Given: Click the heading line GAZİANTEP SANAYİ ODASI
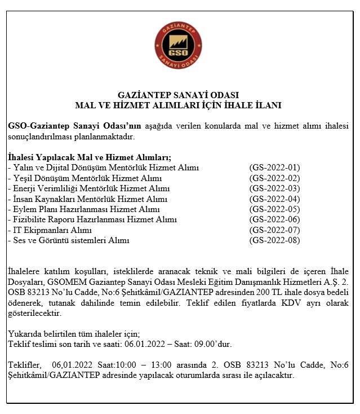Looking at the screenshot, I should [x=179, y=95].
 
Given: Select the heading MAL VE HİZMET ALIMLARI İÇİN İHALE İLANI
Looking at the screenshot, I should [x=179, y=105].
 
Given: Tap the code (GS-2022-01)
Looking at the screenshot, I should [x=274, y=168].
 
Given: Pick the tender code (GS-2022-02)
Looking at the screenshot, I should [x=274, y=178].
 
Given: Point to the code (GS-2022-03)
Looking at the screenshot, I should [x=274, y=188].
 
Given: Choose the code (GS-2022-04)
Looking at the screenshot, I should [x=274, y=199].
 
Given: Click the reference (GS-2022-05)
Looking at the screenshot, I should [x=274, y=209].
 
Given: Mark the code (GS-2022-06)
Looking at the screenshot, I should [x=274, y=220].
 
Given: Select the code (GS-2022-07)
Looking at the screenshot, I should [x=274, y=230].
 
